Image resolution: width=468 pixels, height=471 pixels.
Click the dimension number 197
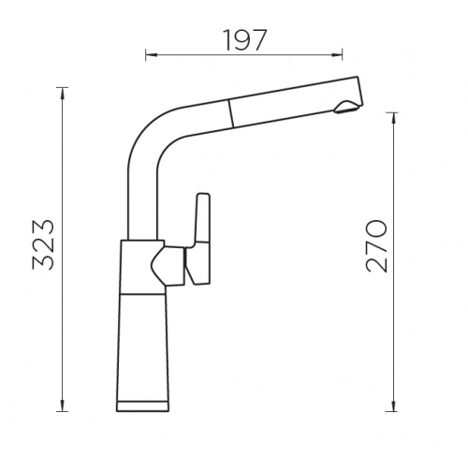[246, 40]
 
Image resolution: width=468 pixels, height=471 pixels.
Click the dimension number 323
[43, 244]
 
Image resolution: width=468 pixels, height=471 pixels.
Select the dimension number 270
[376, 246]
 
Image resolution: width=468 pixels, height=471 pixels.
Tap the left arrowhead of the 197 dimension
[151, 55]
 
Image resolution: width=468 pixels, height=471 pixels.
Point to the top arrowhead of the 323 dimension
[63, 94]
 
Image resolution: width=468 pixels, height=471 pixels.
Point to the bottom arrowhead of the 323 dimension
[63, 405]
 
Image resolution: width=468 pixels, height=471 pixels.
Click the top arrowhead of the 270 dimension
[394, 118]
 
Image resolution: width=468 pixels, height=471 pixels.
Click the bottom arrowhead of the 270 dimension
[394, 405]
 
